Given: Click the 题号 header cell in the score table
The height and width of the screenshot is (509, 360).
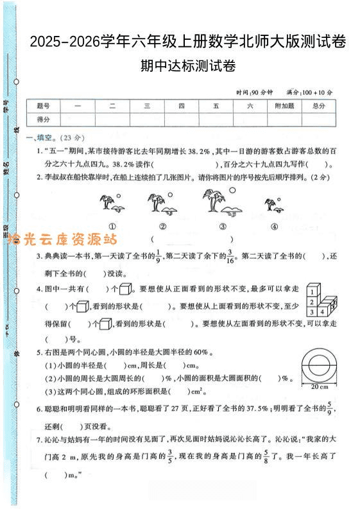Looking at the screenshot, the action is coord(43,106).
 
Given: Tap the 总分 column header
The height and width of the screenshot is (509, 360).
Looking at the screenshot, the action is coord(318,106).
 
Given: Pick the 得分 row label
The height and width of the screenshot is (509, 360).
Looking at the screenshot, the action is coord(43,119).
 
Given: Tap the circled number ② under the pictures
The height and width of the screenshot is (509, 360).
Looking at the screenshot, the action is coord(163,226).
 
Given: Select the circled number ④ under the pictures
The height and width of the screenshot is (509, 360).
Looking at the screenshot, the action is coord(274,226).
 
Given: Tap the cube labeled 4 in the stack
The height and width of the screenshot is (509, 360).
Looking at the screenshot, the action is coord(324,312).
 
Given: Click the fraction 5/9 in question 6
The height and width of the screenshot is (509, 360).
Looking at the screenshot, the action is coord(330,408).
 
